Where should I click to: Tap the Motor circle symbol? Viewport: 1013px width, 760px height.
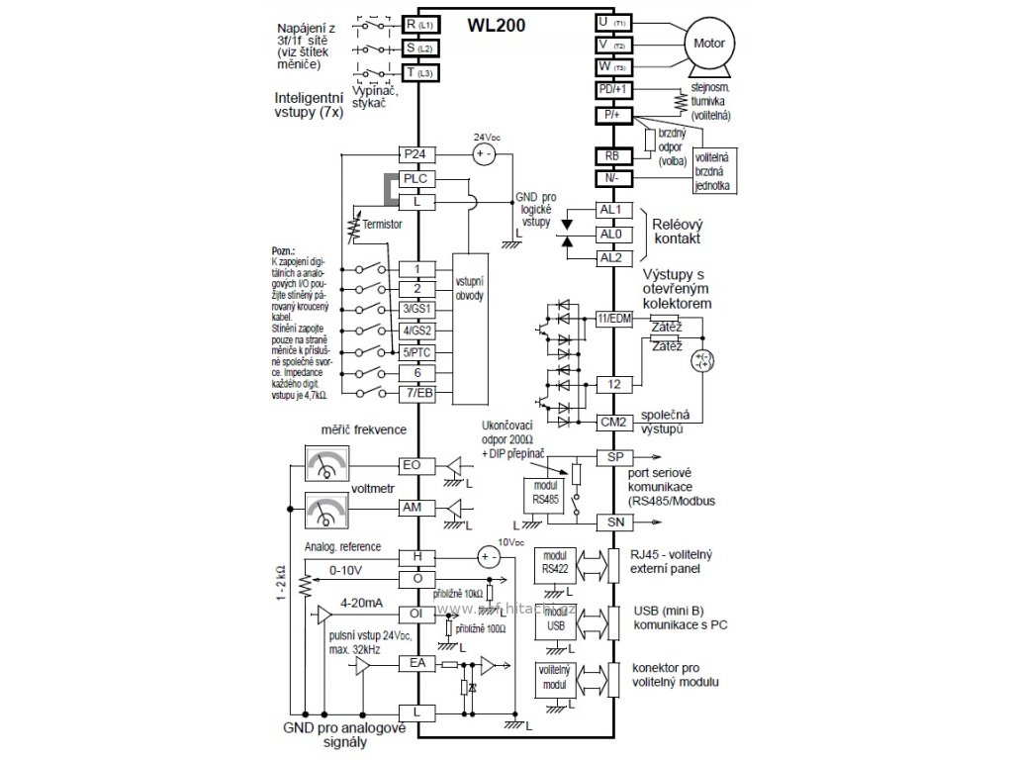708,45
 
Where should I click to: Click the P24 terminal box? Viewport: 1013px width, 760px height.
417,154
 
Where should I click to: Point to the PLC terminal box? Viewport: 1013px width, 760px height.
417,178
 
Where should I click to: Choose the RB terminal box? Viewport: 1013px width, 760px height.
610,155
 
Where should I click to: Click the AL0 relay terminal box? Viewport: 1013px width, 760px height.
610,235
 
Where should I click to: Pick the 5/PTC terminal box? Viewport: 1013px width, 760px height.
417,351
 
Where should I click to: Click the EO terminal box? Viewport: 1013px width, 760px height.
417,464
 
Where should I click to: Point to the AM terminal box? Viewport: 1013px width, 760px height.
417,507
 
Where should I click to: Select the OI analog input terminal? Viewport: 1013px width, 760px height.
417,614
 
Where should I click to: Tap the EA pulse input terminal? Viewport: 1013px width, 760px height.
417,663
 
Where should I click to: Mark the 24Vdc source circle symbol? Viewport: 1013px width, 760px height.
485,154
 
